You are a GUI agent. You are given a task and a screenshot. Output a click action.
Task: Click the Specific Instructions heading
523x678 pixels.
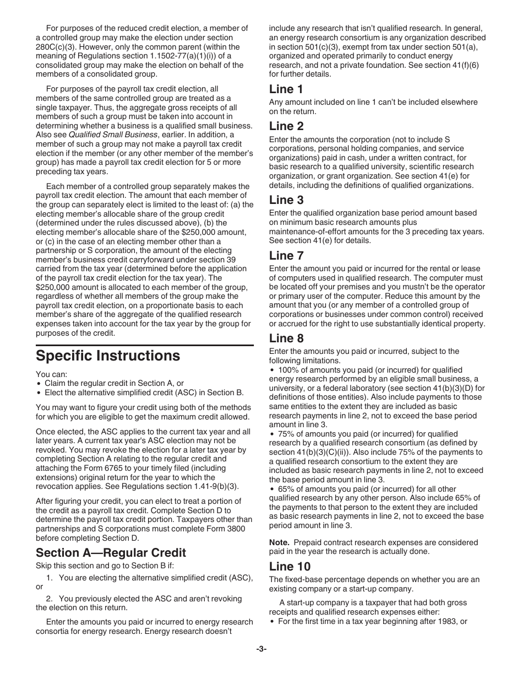click(108, 356)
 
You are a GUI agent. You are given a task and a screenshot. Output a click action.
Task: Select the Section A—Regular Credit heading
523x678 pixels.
click(111, 552)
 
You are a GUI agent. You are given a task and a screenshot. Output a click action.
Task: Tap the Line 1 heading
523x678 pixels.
click(286, 89)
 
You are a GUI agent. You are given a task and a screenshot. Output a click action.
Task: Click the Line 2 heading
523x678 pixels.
click(286, 126)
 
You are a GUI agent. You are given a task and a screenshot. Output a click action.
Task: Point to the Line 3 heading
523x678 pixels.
click(286, 200)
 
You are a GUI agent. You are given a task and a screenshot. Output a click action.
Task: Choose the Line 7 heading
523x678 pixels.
click(286, 255)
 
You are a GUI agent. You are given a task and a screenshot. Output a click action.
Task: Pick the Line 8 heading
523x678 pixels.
click(286, 338)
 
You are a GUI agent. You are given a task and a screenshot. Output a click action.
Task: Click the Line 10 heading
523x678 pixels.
click(290, 566)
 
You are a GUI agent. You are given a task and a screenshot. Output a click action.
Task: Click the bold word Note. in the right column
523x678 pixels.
click(279, 542)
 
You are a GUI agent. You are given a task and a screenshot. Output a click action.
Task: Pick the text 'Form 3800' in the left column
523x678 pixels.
click(221, 529)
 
